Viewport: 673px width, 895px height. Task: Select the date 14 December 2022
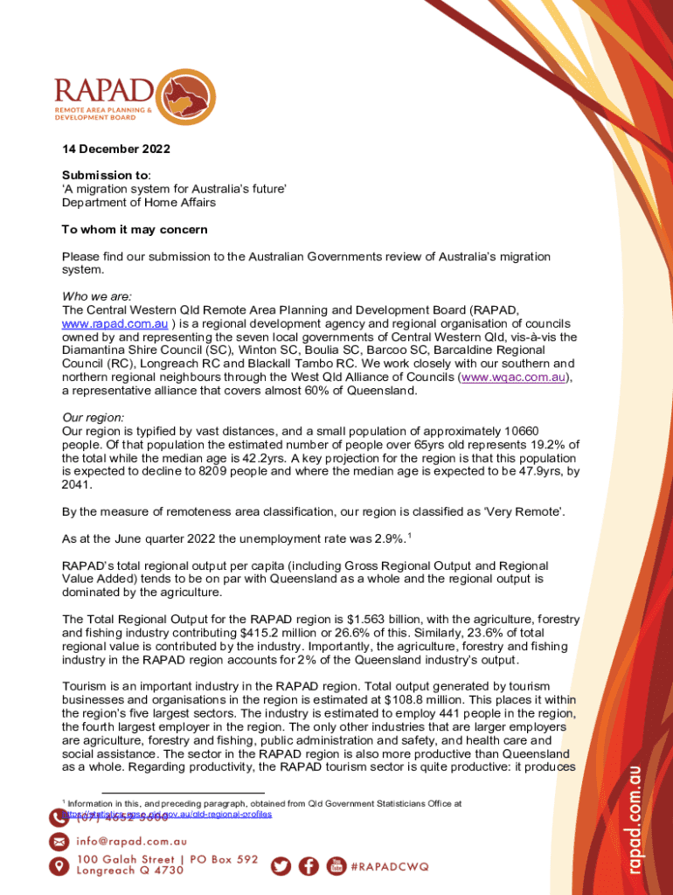click(115, 149)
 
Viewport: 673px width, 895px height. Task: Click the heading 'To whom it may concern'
click(134, 230)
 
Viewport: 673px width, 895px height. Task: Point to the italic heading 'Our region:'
click(93, 418)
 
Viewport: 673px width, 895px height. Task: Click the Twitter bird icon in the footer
click(281, 865)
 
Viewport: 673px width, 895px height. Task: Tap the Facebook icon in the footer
click(309, 865)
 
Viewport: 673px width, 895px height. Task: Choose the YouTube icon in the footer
click(336, 865)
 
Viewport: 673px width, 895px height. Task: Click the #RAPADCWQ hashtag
click(390, 866)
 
